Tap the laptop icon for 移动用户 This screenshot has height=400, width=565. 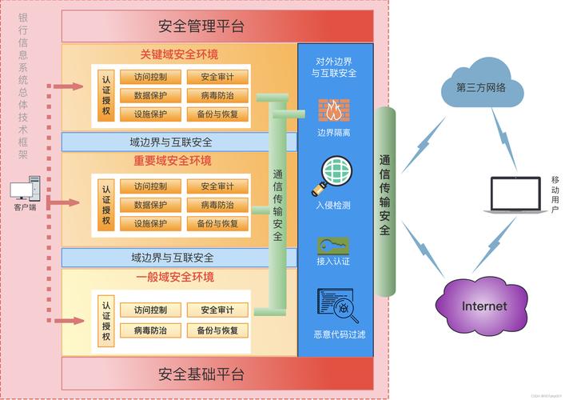point(512,195)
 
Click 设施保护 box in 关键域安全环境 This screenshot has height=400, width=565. point(150,114)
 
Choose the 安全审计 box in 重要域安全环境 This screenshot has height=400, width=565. point(217,186)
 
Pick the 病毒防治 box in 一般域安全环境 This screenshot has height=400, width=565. point(150,330)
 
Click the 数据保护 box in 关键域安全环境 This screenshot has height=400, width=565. point(150,95)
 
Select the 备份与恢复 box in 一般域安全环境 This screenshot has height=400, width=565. point(217,330)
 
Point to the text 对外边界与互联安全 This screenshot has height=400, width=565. point(336,66)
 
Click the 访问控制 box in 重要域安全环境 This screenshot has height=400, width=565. point(150,186)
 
